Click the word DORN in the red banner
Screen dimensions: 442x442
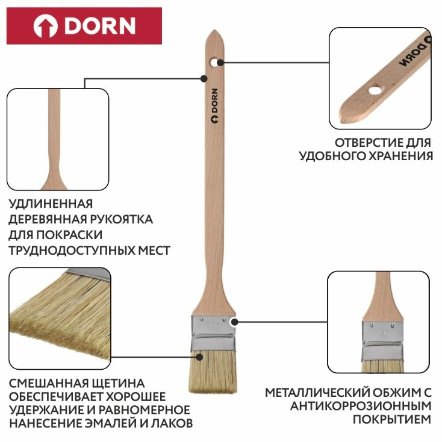100,25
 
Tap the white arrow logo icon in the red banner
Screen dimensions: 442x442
45,26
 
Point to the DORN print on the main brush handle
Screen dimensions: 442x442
214,107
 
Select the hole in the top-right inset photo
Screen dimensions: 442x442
375,90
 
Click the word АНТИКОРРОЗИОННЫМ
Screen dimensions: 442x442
361,406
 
